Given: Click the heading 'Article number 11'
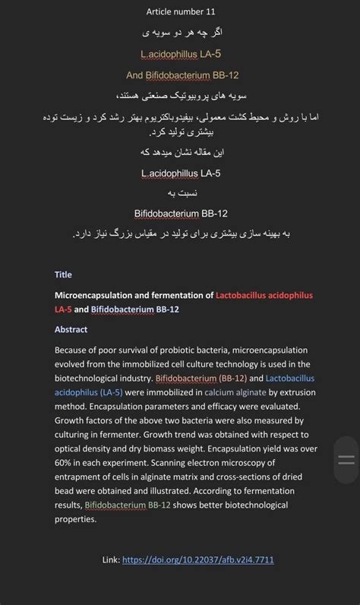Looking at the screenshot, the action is coord(180,11).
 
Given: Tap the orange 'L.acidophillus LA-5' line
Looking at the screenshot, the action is coord(181,54).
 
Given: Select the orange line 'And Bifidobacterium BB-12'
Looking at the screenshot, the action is coord(180,75).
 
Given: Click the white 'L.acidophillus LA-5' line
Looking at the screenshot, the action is coord(181,173).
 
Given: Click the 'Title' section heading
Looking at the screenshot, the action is coord(63,274).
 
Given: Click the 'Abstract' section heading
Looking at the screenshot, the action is coord(71,329).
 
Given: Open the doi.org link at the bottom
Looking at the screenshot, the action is coord(198,560).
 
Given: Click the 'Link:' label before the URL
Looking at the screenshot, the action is coord(111,560).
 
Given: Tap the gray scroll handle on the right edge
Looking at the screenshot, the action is coord(346,460).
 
